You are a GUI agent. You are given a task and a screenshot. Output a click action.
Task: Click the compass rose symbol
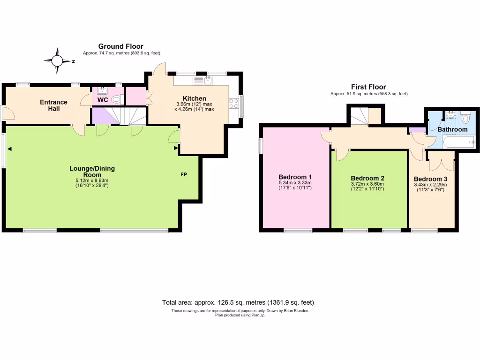pyautogui.click(x=57, y=61)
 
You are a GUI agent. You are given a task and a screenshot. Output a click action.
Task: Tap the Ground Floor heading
pyautogui.click(x=120, y=46)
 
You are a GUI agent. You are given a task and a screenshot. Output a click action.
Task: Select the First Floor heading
pyautogui.click(x=368, y=87)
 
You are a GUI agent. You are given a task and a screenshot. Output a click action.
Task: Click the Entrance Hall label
pyautogui.click(x=53, y=105)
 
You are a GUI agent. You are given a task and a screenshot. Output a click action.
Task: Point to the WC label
pyautogui.click(x=103, y=100)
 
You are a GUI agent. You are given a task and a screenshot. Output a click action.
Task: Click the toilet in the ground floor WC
pyautogui.click(x=117, y=99)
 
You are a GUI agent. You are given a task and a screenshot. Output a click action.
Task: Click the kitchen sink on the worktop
pyautogui.click(x=208, y=80)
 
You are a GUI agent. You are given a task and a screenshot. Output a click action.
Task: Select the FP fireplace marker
pyautogui.click(x=184, y=174)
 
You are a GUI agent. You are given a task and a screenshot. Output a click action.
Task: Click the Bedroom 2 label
pyautogui.click(x=367, y=178)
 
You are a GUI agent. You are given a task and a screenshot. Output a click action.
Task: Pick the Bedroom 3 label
pyautogui.click(x=430, y=179)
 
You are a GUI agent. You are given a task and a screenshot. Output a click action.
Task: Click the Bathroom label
pyautogui.click(x=452, y=129)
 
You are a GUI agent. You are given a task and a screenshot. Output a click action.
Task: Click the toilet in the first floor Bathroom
pyautogui.click(x=465, y=115)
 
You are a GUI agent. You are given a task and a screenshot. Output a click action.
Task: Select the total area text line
pyautogui.click(x=241, y=302)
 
